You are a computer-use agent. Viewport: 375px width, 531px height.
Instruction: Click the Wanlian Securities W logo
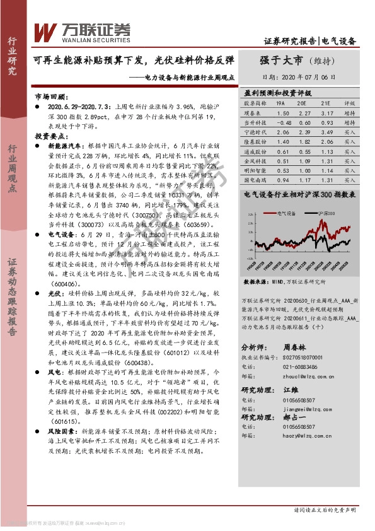(45, 30)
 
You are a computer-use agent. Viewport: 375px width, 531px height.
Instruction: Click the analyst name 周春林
(295, 347)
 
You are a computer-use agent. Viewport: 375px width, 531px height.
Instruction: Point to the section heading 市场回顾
(50, 98)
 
